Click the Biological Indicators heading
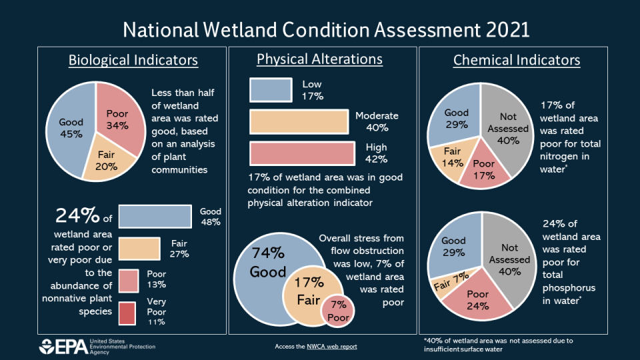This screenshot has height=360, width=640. (x=133, y=60)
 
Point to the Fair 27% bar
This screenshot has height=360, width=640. (x=139, y=249)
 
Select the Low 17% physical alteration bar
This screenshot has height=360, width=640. (x=271, y=90)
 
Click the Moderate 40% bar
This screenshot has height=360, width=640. (x=299, y=122)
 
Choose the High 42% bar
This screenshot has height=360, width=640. (x=302, y=153)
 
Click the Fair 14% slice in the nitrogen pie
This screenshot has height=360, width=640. (x=453, y=156)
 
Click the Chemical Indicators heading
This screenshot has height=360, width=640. (x=517, y=61)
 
